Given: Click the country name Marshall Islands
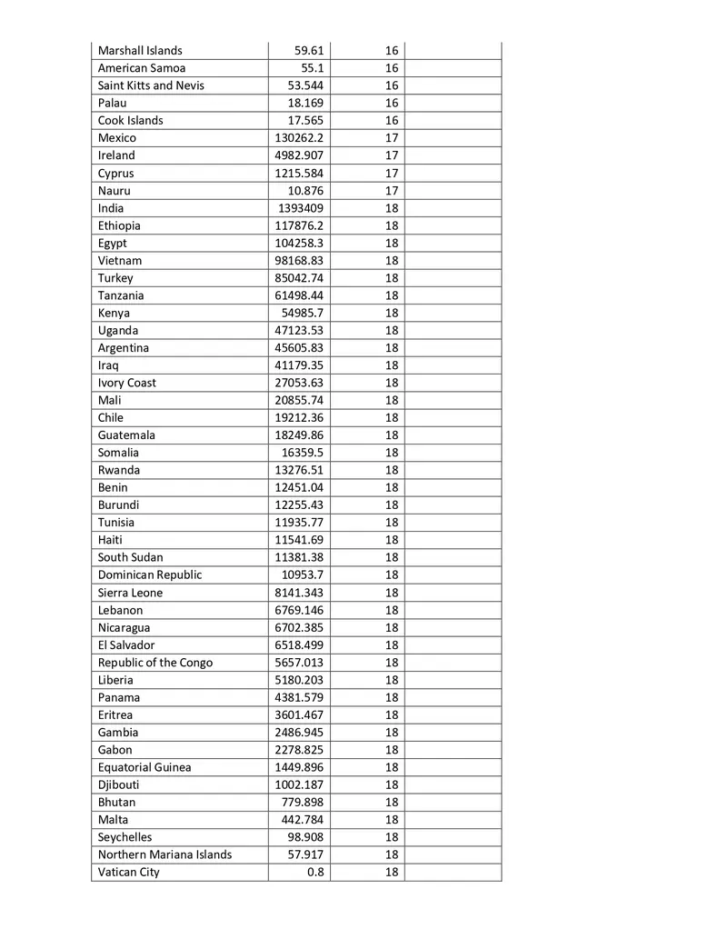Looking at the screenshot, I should click(x=140, y=51).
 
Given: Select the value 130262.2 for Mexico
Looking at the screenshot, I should click(x=299, y=138).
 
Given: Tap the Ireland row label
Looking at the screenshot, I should click(x=116, y=155).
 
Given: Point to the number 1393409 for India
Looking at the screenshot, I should click(x=301, y=208).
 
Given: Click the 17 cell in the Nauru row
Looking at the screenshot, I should click(x=391, y=191).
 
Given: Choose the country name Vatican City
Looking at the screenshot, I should click(x=129, y=873).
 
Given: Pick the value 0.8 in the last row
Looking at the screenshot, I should click(x=315, y=873).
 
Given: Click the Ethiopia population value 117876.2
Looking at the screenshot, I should click(x=299, y=225).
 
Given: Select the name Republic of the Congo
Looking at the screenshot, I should click(x=155, y=663).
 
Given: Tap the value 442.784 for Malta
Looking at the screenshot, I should click(x=304, y=820).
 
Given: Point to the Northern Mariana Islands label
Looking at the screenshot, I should click(x=165, y=854).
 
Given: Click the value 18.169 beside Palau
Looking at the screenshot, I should click(x=305, y=104).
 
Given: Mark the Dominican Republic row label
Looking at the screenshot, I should click(x=150, y=575).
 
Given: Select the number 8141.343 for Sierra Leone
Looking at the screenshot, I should click(x=299, y=593).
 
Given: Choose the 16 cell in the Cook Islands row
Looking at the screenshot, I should click(x=391, y=121).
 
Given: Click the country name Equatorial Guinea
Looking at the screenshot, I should click(x=145, y=767).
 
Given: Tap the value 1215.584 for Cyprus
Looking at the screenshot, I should click(x=299, y=174).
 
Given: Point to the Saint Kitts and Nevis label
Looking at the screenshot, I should click(x=151, y=86).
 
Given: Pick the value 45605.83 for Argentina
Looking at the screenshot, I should click(x=299, y=348).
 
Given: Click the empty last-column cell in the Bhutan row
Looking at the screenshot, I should click(x=453, y=803).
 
